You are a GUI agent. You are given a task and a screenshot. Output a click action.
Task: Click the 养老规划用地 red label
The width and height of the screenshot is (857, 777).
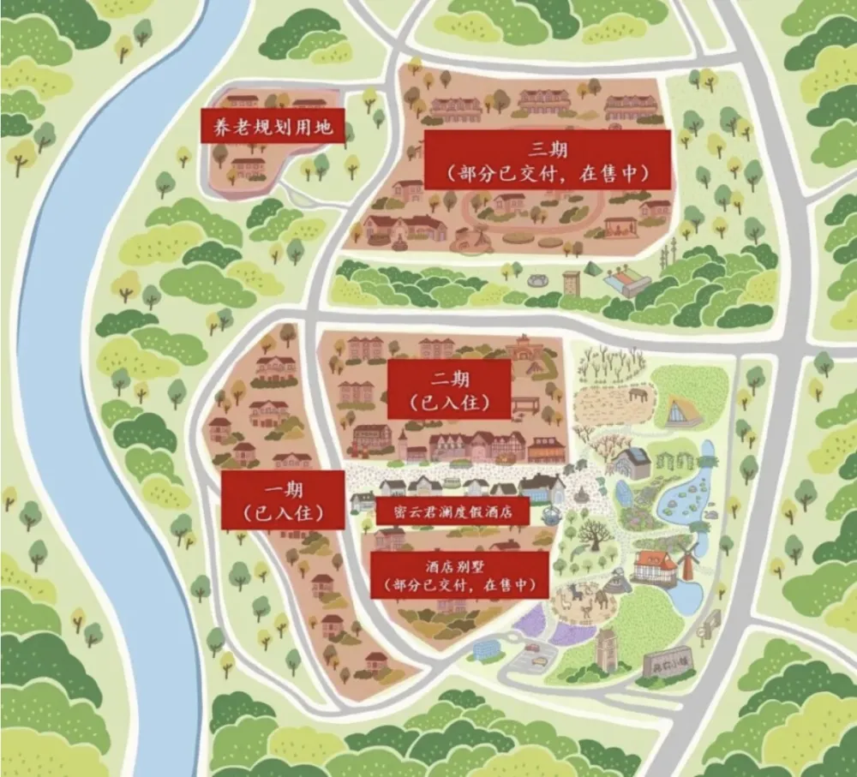click(272, 128)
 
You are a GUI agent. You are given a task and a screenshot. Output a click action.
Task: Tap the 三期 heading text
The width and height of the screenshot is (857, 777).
click(546, 150)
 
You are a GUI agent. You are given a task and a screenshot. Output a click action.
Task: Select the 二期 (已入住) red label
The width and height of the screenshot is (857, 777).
click(448, 389)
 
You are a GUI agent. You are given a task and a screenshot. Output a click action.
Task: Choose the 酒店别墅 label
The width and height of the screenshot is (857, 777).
click(459, 575)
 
